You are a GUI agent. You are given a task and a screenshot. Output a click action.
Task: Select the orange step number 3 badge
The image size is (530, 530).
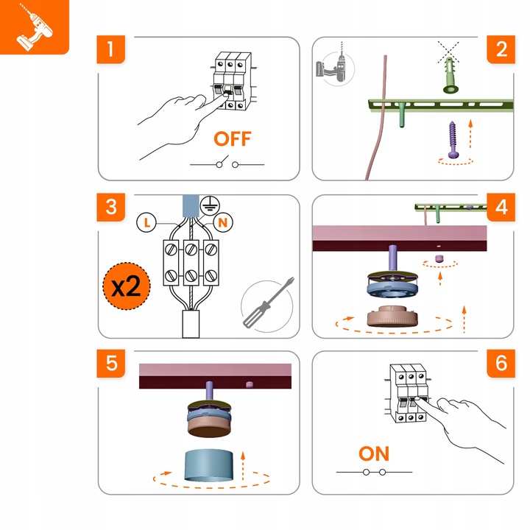[x=111, y=207]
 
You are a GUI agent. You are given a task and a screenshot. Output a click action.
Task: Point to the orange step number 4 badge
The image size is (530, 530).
[x=501, y=207]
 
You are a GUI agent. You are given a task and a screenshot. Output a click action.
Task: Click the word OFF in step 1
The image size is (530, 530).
[x=232, y=138]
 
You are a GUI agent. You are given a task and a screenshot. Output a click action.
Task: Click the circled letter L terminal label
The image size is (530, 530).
[x=146, y=221]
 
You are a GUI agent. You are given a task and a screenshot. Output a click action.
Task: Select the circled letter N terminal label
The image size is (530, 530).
[x=222, y=221]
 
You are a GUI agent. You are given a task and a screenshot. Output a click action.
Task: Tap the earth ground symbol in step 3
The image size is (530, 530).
[x=208, y=204]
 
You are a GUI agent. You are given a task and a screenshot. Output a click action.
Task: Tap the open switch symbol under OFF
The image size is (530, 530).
[x=227, y=163]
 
